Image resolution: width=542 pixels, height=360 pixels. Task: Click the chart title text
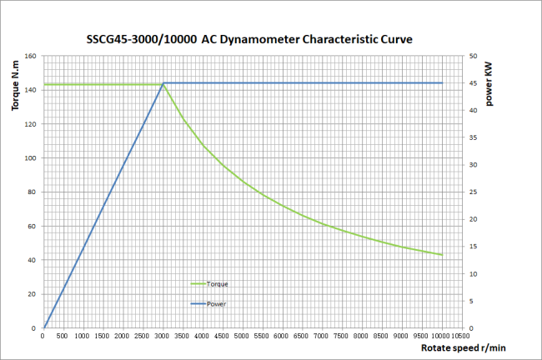coord(250,39)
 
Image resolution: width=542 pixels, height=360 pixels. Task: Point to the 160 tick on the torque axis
coord(31,56)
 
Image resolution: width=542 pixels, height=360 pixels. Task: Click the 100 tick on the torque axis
coord(31,158)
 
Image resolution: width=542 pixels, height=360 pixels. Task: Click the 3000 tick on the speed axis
coord(163,337)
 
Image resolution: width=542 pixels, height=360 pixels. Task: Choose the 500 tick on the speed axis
coord(63,337)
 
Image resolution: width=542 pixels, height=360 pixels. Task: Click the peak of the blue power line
coord(163,83)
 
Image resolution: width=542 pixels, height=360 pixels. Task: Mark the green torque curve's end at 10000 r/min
coord(441,255)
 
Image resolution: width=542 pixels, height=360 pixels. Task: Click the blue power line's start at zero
coord(44,328)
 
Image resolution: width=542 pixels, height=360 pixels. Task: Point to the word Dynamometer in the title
coord(260,39)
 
